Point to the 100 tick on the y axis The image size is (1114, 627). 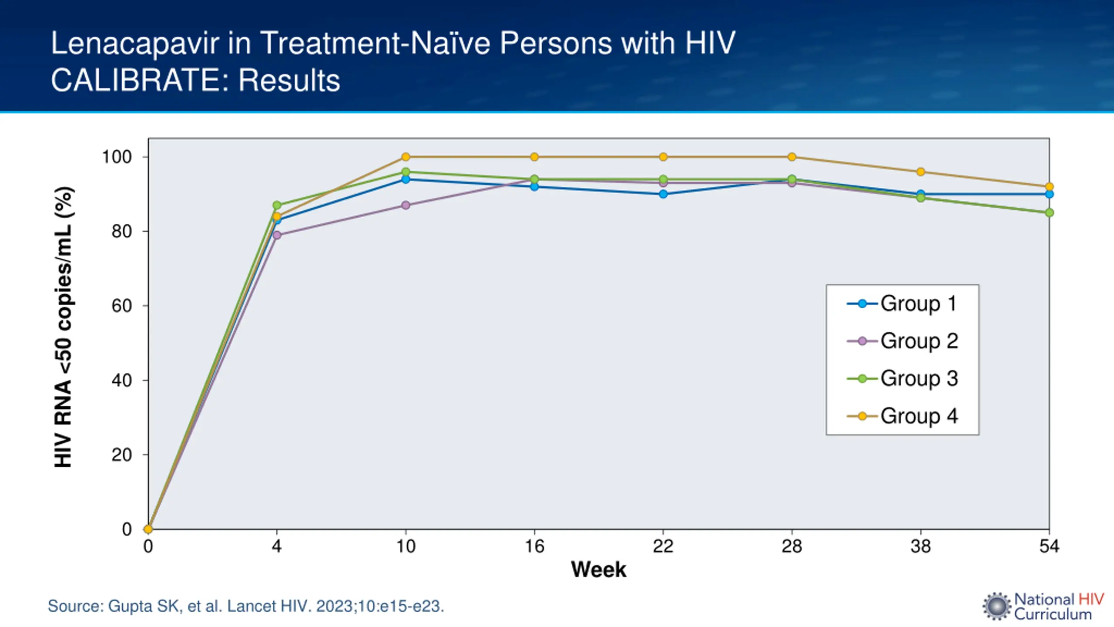coord(117,157)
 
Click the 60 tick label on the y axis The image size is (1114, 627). coord(122,306)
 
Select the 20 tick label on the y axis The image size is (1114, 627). coord(122,455)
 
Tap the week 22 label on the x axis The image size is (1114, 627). coord(663,546)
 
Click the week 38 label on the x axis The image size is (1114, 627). coord(920,546)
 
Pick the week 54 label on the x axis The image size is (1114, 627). coord(1049,546)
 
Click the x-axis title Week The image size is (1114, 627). coord(598,570)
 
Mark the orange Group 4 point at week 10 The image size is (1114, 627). coord(406,157)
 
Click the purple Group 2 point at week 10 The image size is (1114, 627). coord(406,205)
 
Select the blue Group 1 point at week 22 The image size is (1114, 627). coord(663,194)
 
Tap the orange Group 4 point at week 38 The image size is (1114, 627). coord(921,172)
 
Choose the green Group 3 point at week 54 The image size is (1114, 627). coord(1049,212)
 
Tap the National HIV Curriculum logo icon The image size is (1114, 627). coord(997,606)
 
